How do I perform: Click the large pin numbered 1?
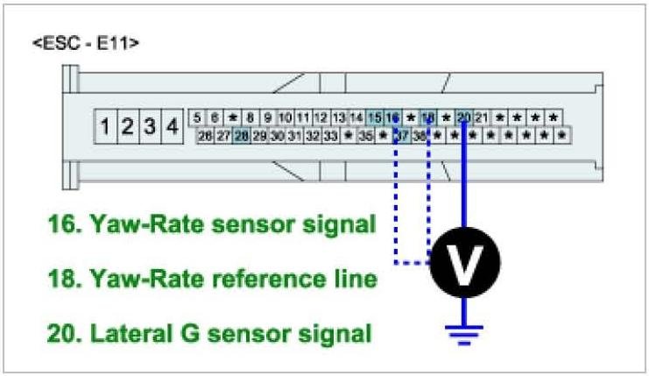pos(105,127)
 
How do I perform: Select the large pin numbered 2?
pos(128,127)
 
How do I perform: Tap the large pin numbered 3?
pos(150,127)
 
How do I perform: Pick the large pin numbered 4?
pos(173,127)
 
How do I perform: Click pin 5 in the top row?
pos(197,117)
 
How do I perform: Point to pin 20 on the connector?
pos(464,117)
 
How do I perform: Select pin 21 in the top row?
pos(482,117)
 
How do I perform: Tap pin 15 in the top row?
pos(375,117)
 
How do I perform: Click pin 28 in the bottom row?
pos(241,136)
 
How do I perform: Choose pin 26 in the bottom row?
pos(205,136)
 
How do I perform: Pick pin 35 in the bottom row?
pos(366,136)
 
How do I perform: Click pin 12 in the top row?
pos(321,117)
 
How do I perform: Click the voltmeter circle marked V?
pos(465,260)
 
